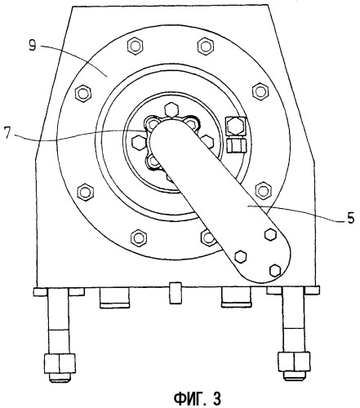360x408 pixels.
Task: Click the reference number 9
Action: [x=33, y=46]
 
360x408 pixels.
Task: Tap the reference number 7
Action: [x=9, y=133]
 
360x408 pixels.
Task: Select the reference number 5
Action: [x=350, y=218]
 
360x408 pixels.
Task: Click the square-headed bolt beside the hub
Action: [x=236, y=126]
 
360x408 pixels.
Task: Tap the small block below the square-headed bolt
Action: [x=236, y=144]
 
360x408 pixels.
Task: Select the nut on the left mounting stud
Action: [x=60, y=363]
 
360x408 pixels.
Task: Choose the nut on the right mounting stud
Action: [x=294, y=361]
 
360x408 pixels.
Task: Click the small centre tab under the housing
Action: [x=175, y=293]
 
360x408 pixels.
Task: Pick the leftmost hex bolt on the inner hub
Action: [x=139, y=142]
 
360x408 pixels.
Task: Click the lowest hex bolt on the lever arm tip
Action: [x=275, y=270]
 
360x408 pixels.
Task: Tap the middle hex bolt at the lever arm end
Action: [x=240, y=256]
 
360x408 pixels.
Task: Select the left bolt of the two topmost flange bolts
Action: [x=136, y=47]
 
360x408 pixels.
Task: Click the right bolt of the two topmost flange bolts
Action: [x=206, y=46]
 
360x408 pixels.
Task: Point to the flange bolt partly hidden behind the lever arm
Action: [x=208, y=237]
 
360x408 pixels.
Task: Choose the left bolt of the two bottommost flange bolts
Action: [x=139, y=237]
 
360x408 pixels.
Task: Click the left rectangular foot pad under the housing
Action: [x=114, y=297]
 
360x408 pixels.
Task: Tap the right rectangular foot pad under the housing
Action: [x=236, y=297]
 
